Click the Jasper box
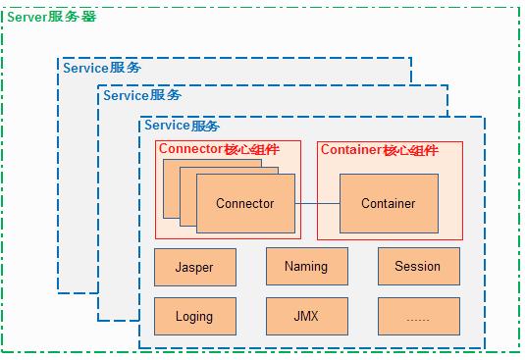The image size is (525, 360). click(x=194, y=267)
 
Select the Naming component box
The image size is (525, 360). click(x=306, y=267)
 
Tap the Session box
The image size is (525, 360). click(x=417, y=267)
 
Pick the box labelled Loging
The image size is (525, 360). click(x=194, y=317)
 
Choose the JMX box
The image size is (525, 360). click(x=306, y=317)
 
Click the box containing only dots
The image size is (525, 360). click(x=417, y=317)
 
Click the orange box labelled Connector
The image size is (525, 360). click(x=245, y=204)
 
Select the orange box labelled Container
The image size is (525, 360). click(x=388, y=204)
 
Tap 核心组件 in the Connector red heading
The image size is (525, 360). click(x=253, y=150)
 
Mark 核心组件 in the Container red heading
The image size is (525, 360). click(x=410, y=150)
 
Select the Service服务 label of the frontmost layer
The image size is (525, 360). click(x=182, y=126)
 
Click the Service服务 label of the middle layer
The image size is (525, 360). click(x=141, y=95)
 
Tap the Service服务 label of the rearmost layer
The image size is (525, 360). click(x=101, y=68)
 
